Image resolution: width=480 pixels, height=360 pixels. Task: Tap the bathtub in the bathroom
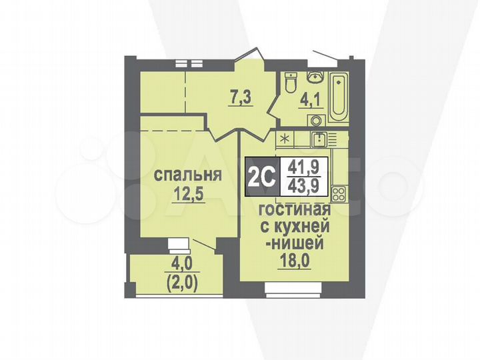point(339,97)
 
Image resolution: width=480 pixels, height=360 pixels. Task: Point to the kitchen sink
point(321,139)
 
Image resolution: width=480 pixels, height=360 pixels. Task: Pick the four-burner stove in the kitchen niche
point(337,195)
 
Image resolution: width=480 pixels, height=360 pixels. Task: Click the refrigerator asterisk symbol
point(286,139)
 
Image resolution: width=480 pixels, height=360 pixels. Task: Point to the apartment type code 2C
point(261,177)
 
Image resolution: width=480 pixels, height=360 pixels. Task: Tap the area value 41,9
point(303,168)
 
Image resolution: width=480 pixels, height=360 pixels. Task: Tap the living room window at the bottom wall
point(293,287)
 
